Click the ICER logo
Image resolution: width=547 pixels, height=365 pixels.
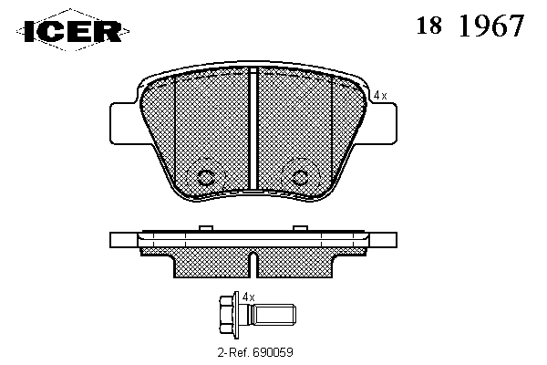(73, 30)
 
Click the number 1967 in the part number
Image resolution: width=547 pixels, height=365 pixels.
(491, 26)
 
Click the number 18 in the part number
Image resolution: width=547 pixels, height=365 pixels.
(429, 26)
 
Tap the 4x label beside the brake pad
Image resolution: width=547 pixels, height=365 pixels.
(380, 95)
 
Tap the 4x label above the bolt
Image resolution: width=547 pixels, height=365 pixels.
(248, 297)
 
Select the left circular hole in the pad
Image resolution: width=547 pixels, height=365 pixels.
(205, 177)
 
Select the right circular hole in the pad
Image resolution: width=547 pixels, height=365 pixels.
(299, 177)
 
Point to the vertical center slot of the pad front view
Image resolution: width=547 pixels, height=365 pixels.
(253, 129)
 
